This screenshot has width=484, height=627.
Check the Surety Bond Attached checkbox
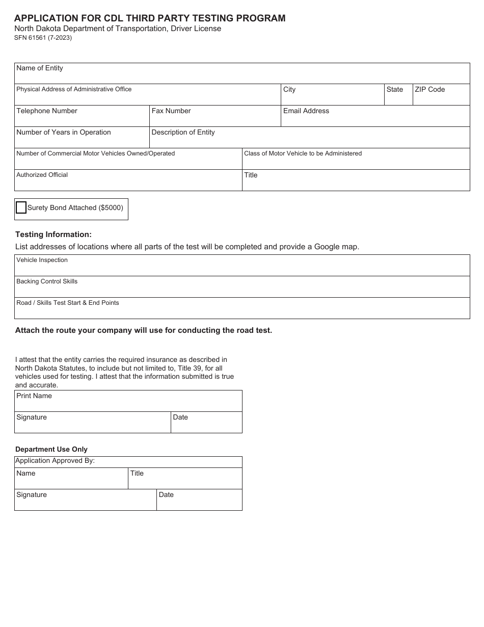pyautogui.click(x=21, y=207)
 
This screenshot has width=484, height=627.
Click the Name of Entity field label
pyautogui.click(x=40, y=68)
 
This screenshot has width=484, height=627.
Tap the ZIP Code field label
pyautogui.click(x=429, y=90)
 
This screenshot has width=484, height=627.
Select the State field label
pyautogui.click(x=394, y=90)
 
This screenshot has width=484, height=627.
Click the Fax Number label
pyautogui.click(x=171, y=111)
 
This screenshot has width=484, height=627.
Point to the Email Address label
pyautogui.click(x=306, y=111)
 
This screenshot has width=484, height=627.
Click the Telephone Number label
pyautogui.click(x=47, y=111)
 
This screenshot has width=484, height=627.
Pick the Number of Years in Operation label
pyautogui.click(x=64, y=133)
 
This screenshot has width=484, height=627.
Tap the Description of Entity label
pyautogui.click(x=183, y=133)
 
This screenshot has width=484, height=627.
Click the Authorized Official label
pyautogui.click(x=42, y=175)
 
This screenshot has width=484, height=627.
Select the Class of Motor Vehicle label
pyautogui.click(x=303, y=153)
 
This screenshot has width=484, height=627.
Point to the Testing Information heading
pyautogui.click(x=53, y=234)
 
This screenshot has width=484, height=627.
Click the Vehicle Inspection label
pyautogui.click(x=42, y=260)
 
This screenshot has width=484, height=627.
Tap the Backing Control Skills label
pyautogui.click(x=47, y=281)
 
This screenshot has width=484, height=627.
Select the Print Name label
pyautogui.click(x=34, y=396)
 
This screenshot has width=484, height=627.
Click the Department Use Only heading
pyautogui.click(x=51, y=450)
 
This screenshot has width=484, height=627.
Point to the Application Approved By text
pyautogui.click(x=55, y=461)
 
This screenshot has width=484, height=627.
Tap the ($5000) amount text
pyautogui.click(x=111, y=208)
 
